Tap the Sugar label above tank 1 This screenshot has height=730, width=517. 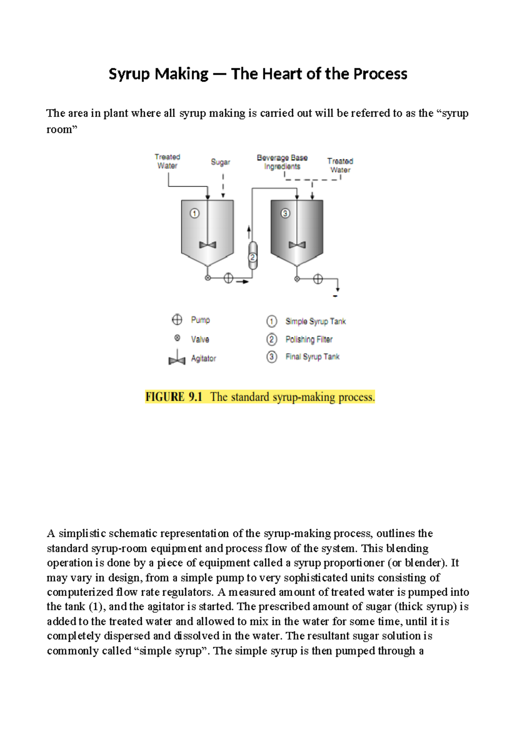coord(220,162)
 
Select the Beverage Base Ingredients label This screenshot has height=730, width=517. coord(282,162)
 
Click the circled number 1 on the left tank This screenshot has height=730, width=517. coord(195,213)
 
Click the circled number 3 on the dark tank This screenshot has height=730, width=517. coord(285,213)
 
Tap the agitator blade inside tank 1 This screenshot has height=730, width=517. coord(208,245)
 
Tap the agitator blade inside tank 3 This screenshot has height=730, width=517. coord(297,245)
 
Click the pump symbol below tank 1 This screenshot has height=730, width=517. coord(228,278)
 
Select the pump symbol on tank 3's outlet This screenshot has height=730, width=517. coord(318,279)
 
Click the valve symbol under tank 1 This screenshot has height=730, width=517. coord(208,278)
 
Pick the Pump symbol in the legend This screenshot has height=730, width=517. coord(177,319)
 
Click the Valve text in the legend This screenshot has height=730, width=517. coord(200,340)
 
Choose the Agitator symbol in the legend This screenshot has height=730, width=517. coord(177,358)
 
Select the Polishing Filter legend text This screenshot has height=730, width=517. coord(309,340)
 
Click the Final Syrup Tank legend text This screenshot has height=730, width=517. coord(312,357)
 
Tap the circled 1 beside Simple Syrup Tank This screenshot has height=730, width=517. coord(271,322)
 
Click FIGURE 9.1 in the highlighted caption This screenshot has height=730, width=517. coord(174,397)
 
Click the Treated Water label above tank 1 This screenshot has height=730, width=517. coord(167,161)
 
